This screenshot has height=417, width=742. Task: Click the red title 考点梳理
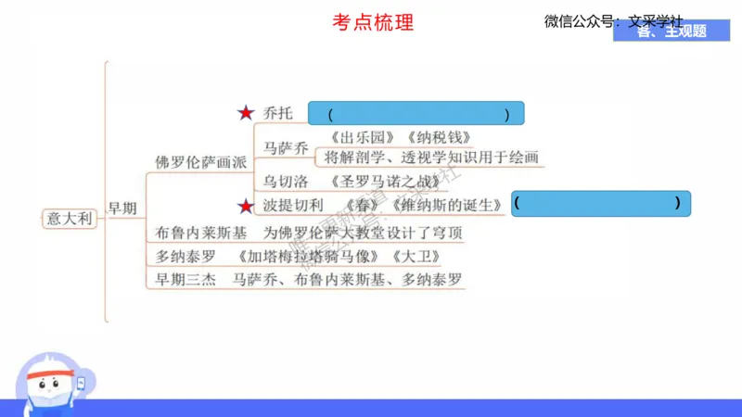[373, 22]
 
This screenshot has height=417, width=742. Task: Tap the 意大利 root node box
[70, 219]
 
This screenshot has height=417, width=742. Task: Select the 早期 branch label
[125, 208]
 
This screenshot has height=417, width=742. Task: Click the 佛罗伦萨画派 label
[201, 161]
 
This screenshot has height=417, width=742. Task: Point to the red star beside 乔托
[245, 113]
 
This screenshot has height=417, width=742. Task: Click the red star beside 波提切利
[245, 205]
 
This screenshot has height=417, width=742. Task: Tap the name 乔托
[277, 113]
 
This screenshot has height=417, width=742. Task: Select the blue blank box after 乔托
[416, 114]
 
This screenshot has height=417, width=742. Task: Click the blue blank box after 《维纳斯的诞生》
[601, 203]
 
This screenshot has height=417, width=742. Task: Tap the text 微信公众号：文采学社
[613, 20]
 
